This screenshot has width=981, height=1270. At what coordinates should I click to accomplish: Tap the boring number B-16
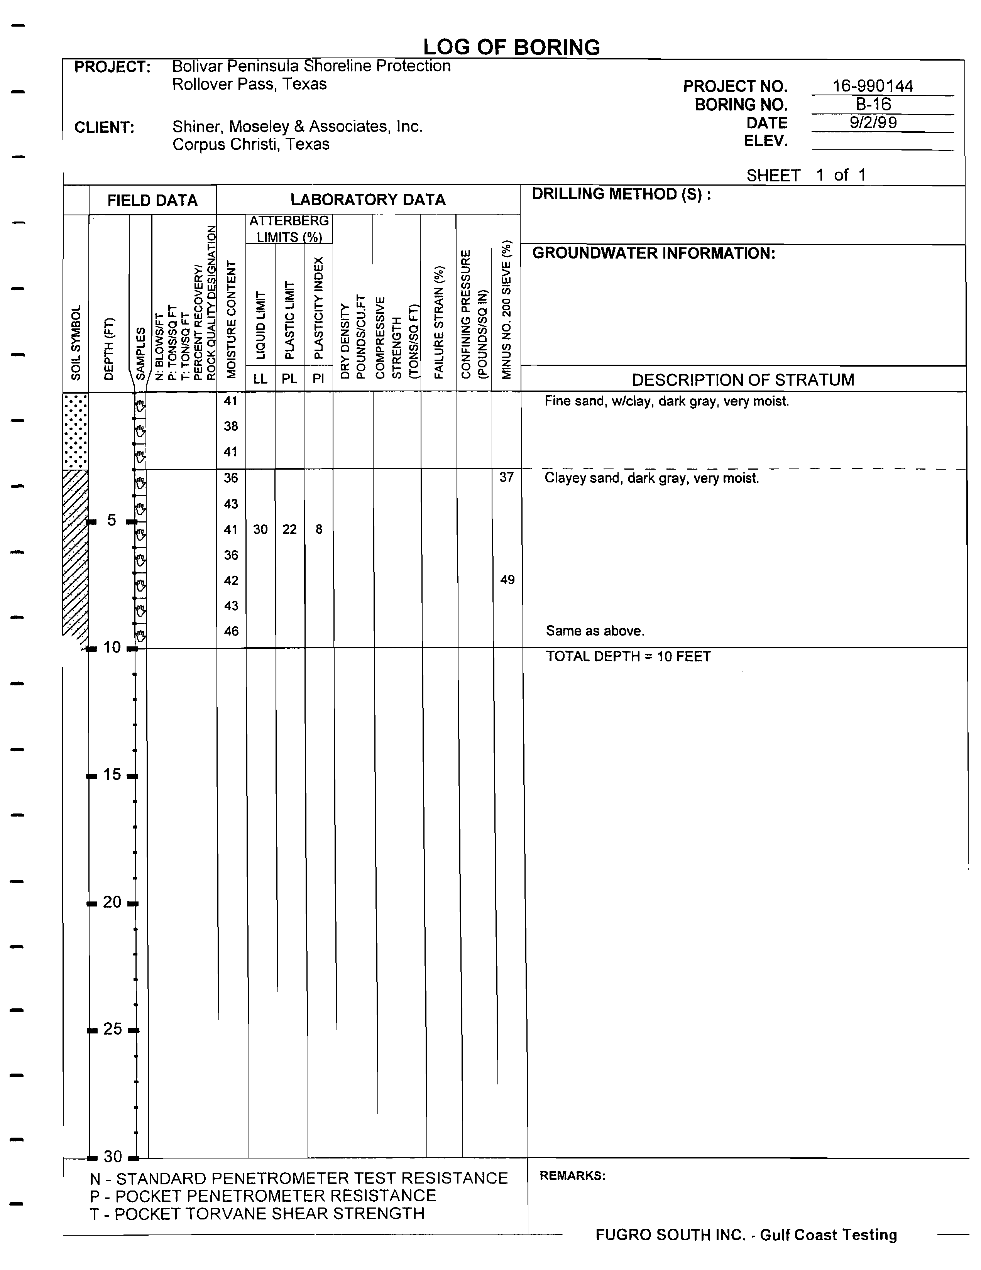point(873,104)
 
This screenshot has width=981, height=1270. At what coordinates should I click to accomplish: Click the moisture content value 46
point(231,631)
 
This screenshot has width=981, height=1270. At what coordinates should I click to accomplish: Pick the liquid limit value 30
point(260,529)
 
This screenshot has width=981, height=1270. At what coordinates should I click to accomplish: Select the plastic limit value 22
point(289,529)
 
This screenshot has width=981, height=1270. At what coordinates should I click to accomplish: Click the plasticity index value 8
point(319,529)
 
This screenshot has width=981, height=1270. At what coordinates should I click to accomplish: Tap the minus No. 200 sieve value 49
point(507,580)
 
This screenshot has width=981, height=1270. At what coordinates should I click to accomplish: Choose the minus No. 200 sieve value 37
point(506,477)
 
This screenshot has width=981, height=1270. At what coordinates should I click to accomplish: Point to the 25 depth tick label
point(112,1029)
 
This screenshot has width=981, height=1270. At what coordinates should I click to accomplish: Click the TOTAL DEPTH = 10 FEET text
point(628,656)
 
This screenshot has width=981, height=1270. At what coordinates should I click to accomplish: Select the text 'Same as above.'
point(595,631)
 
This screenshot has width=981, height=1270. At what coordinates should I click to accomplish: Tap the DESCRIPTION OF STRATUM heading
point(743,380)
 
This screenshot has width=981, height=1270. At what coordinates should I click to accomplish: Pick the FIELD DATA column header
point(152,201)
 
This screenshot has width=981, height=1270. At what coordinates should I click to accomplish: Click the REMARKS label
point(572,1176)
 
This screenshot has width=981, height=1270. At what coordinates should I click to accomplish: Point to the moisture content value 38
point(231,426)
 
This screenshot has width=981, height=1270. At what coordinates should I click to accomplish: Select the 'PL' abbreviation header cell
point(289,379)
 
